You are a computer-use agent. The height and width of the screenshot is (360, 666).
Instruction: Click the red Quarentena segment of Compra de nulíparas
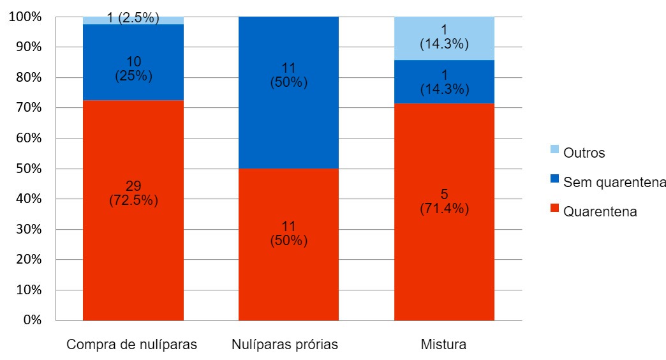[133, 255]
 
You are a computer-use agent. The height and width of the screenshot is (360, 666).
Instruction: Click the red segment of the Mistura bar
[444, 255]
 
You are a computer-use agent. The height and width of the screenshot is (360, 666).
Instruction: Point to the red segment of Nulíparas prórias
[288, 274]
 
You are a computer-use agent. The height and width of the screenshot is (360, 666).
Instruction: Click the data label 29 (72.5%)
[133, 193]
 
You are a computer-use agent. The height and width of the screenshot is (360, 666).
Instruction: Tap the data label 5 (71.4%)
[444, 202]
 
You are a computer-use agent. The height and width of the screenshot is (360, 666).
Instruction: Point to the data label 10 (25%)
[133, 68]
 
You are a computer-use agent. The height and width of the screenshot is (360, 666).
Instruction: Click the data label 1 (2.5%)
[133, 19]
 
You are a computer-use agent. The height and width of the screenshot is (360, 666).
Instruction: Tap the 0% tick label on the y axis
[32, 320]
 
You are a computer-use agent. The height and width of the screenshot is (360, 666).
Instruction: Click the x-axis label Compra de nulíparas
[132, 345]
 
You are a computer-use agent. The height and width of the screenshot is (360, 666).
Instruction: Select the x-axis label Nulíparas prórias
[285, 345]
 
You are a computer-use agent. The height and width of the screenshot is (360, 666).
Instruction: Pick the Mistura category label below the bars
[443, 345]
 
